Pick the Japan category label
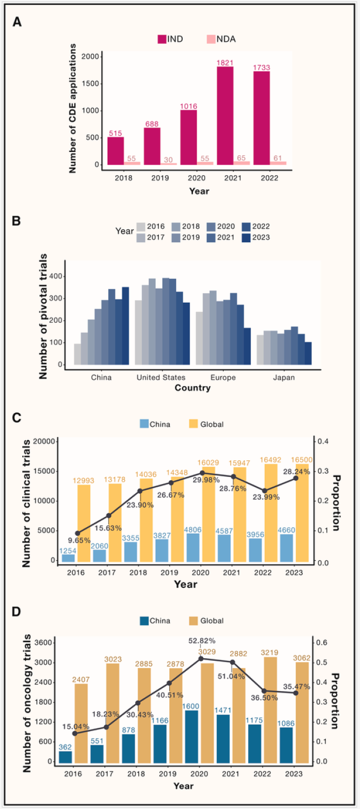[x=284, y=377]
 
